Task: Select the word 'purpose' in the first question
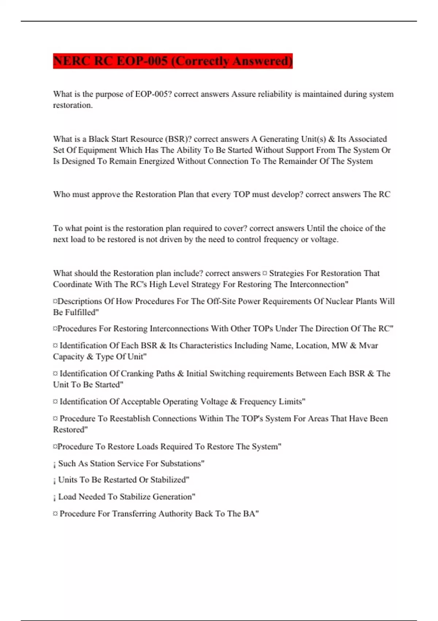(x=109, y=94)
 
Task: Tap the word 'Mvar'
(x=368, y=346)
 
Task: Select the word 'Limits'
(x=289, y=402)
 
